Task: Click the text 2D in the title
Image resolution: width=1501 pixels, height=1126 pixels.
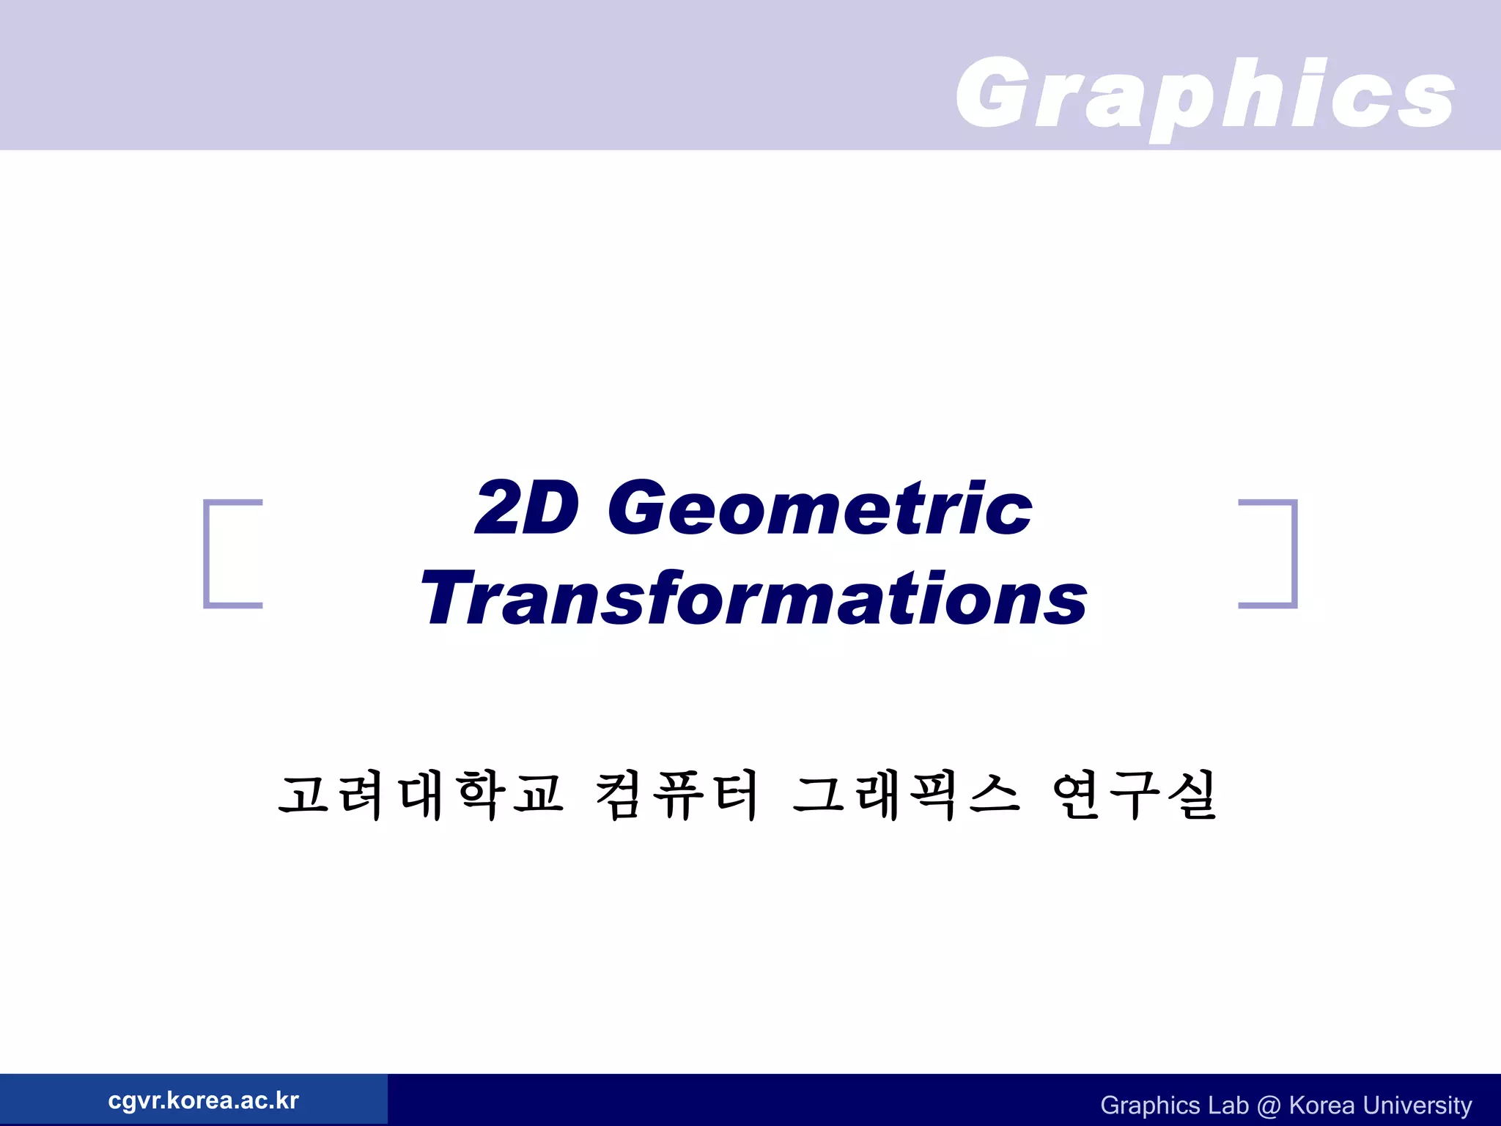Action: [x=527, y=507]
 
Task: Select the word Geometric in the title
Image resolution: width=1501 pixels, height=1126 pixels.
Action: [x=820, y=507]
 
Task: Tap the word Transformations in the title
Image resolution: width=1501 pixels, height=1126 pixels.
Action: [x=753, y=599]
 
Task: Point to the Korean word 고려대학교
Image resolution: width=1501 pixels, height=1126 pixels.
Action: [x=421, y=795]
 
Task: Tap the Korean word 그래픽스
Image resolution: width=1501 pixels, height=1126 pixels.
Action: [x=906, y=795]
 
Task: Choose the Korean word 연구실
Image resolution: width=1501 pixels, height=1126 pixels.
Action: [x=1134, y=795]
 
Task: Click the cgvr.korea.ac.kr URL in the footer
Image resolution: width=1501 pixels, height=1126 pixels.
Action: [x=203, y=1100]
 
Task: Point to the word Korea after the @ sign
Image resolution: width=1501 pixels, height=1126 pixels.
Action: [x=1321, y=1105]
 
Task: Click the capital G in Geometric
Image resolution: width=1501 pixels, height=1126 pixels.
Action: [x=638, y=507]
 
